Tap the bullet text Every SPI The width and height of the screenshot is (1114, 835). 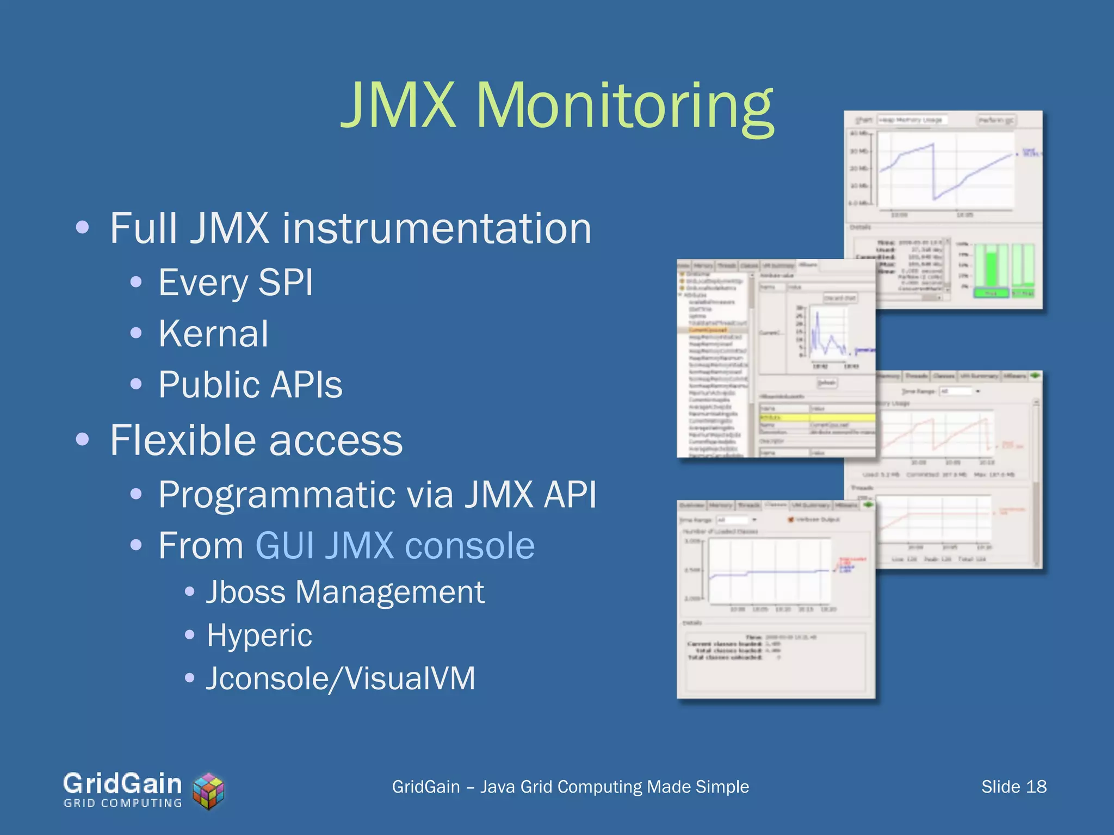[x=236, y=283]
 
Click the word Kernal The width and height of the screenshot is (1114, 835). [x=213, y=333]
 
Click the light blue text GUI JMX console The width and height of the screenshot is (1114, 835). [x=395, y=546]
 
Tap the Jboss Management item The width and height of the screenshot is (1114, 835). [x=345, y=592]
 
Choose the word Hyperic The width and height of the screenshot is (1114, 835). [x=259, y=635]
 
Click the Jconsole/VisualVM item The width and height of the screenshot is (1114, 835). [x=341, y=678]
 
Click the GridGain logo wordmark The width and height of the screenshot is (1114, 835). [x=122, y=784]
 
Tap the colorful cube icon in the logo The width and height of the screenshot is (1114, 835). [x=209, y=791]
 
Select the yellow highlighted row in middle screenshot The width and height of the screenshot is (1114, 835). [x=816, y=417]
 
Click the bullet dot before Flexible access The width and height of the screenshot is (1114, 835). [x=82, y=439]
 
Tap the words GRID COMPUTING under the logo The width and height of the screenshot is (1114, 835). [x=122, y=803]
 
